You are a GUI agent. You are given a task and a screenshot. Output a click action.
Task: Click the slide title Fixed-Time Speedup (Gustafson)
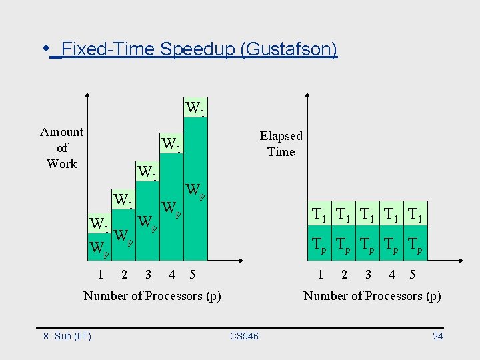(x=199, y=50)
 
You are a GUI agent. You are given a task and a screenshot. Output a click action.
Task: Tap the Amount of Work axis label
(x=62, y=147)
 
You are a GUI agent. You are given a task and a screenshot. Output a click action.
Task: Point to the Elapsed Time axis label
(x=281, y=143)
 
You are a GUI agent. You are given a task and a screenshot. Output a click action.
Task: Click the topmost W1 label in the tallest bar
(x=195, y=107)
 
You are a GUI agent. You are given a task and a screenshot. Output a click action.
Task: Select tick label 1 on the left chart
(x=100, y=273)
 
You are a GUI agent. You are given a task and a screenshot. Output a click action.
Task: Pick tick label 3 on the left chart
(x=147, y=273)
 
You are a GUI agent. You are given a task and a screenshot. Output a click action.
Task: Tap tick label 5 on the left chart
(x=193, y=273)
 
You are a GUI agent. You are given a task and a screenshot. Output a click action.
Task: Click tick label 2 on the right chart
(x=344, y=273)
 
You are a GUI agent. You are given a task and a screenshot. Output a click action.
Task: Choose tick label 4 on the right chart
(x=392, y=273)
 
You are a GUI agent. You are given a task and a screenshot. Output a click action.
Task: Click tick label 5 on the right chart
(x=412, y=273)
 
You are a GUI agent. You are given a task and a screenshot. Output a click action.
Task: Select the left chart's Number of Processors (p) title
(x=152, y=295)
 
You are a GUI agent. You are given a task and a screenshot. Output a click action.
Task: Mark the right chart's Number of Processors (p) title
(x=372, y=295)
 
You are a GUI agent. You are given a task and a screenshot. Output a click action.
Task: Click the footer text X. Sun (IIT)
(x=67, y=336)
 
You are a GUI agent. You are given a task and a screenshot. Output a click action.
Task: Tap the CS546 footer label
(x=244, y=336)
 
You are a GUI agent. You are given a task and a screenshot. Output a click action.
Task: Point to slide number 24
(x=437, y=336)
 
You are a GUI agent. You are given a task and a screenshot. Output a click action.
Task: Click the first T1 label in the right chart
(x=320, y=215)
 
